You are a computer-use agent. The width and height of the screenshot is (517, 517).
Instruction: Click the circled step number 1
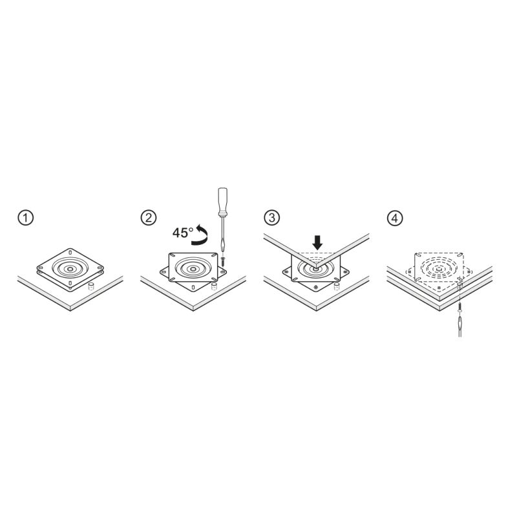coord(26,218)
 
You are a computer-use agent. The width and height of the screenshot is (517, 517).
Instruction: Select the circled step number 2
coord(149,218)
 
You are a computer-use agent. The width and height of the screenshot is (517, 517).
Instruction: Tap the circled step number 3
coord(272,218)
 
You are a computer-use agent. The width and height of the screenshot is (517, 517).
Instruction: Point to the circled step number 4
coord(395,218)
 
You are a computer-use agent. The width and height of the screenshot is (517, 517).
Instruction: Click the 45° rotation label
coord(183,233)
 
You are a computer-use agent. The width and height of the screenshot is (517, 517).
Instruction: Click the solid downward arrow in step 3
coord(317,242)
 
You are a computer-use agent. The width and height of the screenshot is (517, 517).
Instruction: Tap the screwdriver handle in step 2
coord(223,202)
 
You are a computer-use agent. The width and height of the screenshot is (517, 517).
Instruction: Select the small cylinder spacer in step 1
coord(90,286)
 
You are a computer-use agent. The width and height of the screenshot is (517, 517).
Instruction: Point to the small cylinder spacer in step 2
coord(215,286)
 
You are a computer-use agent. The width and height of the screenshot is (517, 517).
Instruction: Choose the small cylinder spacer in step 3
coord(337,286)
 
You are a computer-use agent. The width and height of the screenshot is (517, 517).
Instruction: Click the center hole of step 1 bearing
coord(70,269)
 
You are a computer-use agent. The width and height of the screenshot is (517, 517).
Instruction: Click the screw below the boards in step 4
coord(459,309)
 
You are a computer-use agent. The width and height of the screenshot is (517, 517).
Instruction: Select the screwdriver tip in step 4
coord(459,318)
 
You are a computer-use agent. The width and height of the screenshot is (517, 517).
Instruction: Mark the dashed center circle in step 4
coord(439,269)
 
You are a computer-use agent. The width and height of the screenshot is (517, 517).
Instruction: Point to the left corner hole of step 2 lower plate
coord(164,271)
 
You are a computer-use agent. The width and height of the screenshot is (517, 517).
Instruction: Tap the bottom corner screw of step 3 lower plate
coord(316,288)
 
